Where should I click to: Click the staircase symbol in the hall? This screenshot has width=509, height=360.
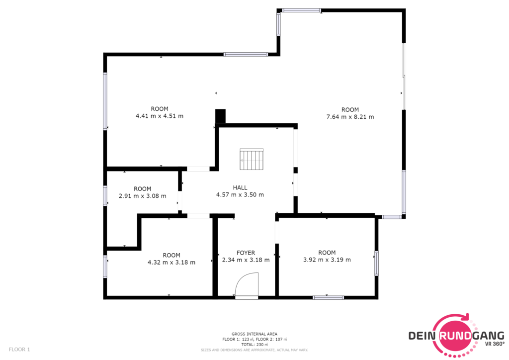point(252,159)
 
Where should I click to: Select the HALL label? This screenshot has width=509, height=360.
point(240,187)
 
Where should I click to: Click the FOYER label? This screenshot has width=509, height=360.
point(246,253)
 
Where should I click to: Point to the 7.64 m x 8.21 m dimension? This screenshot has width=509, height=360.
point(350,117)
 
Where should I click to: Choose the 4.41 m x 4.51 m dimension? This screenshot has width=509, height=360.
point(160,116)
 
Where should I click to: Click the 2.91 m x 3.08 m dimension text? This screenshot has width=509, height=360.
point(143,196)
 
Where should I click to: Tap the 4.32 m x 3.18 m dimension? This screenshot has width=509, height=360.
point(171,262)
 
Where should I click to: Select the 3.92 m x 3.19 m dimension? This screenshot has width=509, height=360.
point(327,260)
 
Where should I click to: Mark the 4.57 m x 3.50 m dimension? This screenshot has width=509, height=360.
point(240,195)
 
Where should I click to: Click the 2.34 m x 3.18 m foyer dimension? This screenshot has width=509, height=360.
point(246,260)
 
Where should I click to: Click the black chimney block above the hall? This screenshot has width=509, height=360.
point(220,116)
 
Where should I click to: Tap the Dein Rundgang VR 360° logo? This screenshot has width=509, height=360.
point(456,335)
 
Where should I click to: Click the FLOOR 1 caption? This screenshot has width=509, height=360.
point(19,350)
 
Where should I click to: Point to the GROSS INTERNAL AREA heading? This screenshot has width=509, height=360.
point(254,334)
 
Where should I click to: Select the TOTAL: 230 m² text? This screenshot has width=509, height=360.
point(254,345)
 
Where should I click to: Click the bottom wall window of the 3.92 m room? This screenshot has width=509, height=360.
point(328,297)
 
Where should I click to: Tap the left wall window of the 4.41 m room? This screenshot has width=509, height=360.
point(105,101)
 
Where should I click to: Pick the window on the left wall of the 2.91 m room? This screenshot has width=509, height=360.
point(105,195)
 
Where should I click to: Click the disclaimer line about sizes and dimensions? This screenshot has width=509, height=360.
point(254,350)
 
